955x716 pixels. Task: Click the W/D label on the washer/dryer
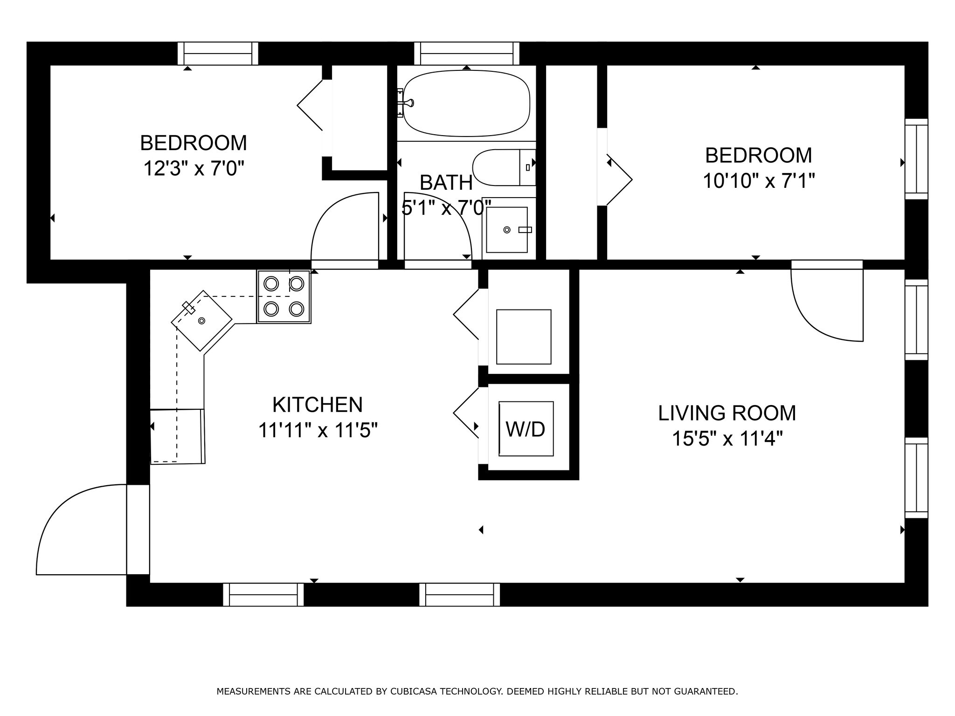click(525, 429)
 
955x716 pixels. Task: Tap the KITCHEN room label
click(318, 405)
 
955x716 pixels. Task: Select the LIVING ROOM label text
click(727, 413)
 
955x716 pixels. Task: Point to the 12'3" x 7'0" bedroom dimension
click(194, 168)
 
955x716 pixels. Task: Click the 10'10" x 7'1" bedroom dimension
click(759, 180)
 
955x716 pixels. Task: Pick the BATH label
click(446, 183)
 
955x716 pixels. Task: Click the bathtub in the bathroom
click(466, 103)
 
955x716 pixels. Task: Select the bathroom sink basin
click(507, 230)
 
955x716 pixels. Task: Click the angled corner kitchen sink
click(202, 320)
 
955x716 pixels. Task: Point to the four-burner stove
click(284, 296)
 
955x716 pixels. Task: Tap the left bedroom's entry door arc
click(326, 210)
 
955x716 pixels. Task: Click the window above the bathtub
click(467, 54)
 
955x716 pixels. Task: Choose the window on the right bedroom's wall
click(916, 159)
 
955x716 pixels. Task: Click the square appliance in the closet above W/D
click(524, 337)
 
